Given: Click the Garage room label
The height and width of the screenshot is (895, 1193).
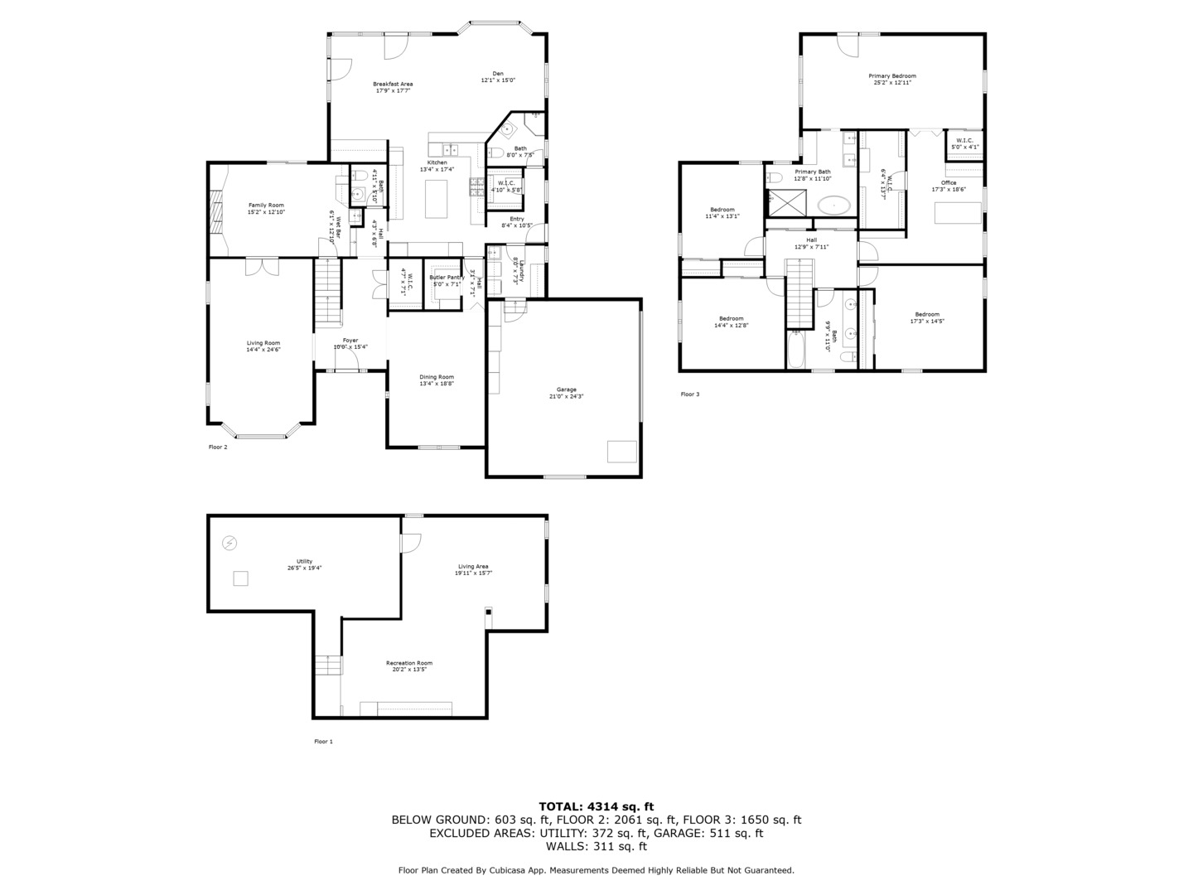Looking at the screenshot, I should click(x=566, y=393).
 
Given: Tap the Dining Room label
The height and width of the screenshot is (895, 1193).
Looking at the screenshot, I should click(x=436, y=380).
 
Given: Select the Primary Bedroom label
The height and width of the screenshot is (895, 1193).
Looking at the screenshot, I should click(x=892, y=79).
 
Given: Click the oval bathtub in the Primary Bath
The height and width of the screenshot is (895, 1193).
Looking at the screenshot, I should click(x=833, y=205).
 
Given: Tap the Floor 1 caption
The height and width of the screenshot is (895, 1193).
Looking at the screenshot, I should click(x=323, y=742).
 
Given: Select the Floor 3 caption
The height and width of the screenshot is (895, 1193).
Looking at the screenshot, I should click(x=689, y=394).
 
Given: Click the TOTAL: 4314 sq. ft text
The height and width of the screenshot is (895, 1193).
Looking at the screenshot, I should click(x=596, y=805).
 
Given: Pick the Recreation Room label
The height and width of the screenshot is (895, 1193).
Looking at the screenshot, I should click(x=408, y=665).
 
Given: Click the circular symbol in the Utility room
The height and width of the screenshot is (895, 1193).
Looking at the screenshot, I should click(x=229, y=544).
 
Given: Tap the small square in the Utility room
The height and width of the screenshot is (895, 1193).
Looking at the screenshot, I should click(x=240, y=578).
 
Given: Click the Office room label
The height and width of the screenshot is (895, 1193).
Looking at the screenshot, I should click(x=949, y=186).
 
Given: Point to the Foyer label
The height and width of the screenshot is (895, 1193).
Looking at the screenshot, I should click(x=350, y=343).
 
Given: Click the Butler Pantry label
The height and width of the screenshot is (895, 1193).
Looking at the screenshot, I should click(x=447, y=281).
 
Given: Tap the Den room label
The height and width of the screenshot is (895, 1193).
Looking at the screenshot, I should click(x=498, y=77).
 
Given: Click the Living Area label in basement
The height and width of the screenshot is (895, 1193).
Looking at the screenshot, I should click(x=473, y=569).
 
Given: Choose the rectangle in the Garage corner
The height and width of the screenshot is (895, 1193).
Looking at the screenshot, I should click(x=621, y=451).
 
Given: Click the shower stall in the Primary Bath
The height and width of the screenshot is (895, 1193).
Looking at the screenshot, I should click(x=786, y=202).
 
